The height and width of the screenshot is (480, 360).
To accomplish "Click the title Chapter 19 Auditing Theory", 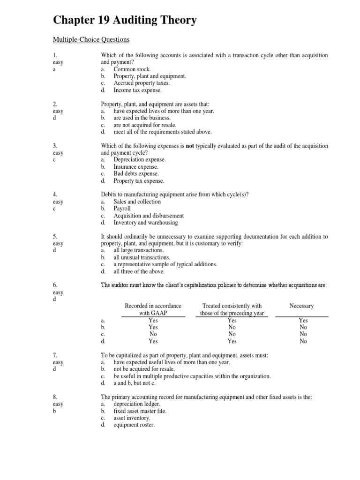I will click(125, 20).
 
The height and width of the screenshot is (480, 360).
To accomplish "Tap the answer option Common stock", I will click(132, 69).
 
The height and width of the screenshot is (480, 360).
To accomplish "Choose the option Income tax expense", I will click(137, 90).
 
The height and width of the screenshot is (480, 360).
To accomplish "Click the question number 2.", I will click(55, 104).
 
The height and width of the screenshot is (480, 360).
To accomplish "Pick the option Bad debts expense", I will click(136, 173).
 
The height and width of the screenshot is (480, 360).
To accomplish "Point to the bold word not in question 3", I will click(190, 146).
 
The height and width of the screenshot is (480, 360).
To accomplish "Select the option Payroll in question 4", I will click(122, 209).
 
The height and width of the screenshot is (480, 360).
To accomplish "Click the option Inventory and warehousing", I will click(145, 223).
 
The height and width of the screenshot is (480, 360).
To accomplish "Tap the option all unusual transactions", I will click(142, 257).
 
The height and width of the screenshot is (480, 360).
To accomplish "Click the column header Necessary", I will click(301, 306).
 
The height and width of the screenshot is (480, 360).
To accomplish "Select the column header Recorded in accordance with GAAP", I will click(153, 310).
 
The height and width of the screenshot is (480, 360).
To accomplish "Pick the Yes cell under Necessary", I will click(303, 321).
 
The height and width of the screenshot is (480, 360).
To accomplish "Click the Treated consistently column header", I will click(232, 310).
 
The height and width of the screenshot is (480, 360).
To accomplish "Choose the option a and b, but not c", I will click(136, 383).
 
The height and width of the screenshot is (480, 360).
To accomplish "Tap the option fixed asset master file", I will click(140, 411).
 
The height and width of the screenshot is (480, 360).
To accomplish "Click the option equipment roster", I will click(134, 425).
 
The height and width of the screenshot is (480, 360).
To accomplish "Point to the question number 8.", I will click(55, 397).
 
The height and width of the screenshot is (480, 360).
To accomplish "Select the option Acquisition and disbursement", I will click(143, 216).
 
